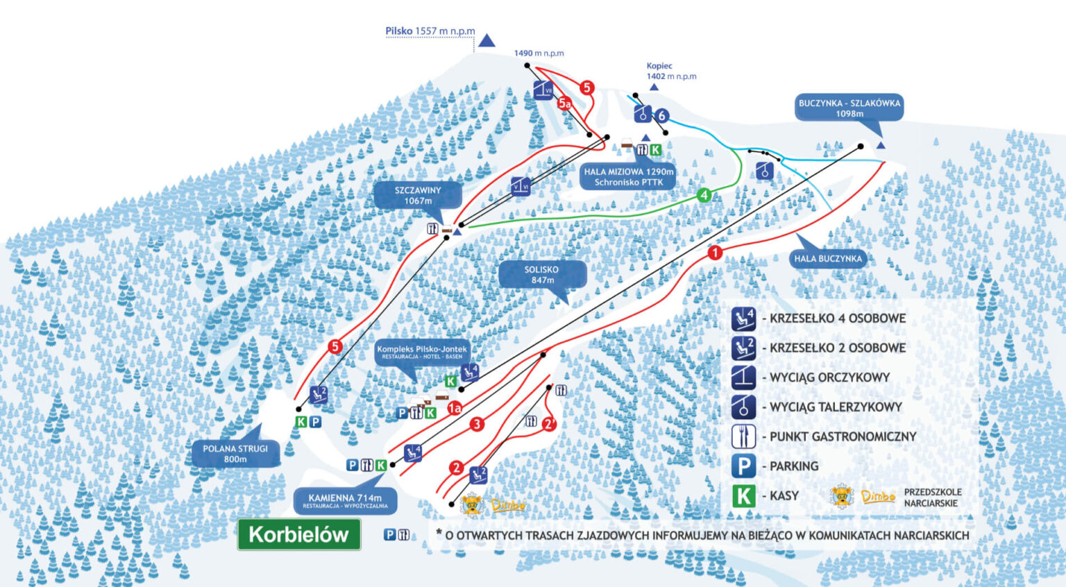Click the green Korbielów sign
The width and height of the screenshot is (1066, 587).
pos(298,534)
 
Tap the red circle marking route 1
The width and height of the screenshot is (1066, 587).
pos(715,253)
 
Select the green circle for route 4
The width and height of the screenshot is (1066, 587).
pos(704,195)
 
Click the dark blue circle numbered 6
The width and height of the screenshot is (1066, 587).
pos(662,116)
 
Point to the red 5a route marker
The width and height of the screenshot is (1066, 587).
pos(564,103)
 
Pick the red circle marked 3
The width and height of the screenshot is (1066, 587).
pos(477,424)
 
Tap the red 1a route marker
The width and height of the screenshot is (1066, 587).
pos(455,408)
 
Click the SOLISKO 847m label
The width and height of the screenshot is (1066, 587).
pos(542,275)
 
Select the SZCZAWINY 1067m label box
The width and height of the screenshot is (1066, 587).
pos(418,195)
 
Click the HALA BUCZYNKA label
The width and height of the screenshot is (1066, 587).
pos(828,259)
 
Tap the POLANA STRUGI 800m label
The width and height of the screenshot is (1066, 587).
pos(235,454)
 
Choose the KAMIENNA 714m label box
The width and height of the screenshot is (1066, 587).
pos(345,501)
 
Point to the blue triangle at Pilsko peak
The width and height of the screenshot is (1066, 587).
pos(487,41)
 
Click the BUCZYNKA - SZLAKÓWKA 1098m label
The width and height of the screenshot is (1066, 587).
pos(849,108)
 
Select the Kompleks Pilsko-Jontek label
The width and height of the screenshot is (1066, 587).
pos(422,352)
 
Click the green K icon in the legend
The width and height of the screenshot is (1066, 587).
pos(743,496)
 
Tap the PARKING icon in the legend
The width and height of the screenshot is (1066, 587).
pos(743,466)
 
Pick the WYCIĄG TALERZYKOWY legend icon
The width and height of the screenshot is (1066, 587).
pos(743,407)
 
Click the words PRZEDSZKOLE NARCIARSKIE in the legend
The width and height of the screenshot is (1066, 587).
pos(932,497)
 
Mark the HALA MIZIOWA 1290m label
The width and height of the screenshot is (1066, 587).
pos(628,176)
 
